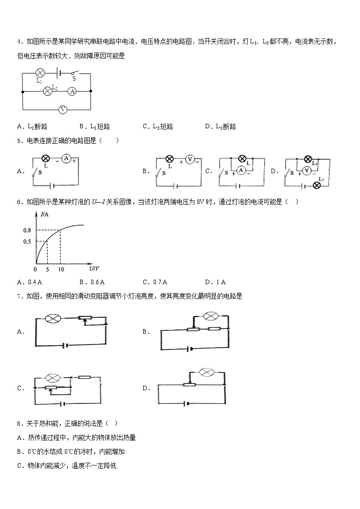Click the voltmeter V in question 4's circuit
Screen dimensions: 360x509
(x=63, y=109)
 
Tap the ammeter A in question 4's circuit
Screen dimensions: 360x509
(x=72, y=91)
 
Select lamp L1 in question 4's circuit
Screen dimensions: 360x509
(x=39, y=73)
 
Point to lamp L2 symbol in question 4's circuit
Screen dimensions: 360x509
(x=47, y=91)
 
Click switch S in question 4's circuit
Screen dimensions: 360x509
(x=75, y=73)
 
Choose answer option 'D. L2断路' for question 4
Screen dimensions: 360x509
(x=220, y=126)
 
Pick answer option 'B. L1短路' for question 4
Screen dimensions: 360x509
(x=95, y=126)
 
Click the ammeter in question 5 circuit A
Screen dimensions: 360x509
(x=66, y=158)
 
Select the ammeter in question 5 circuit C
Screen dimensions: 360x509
(x=242, y=170)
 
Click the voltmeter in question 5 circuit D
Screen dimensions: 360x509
(x=306, y=170)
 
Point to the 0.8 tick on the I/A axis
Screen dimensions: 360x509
(x=28, y=230)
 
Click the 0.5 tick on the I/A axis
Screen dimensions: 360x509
(x=28, y=241)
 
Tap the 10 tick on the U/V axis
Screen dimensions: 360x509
(x=60, y=270)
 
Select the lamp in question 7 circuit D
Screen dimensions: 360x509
(x=207, y=373)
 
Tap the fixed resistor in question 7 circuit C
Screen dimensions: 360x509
(x=84, y=377)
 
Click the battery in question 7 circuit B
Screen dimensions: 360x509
(x=191, y=349)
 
